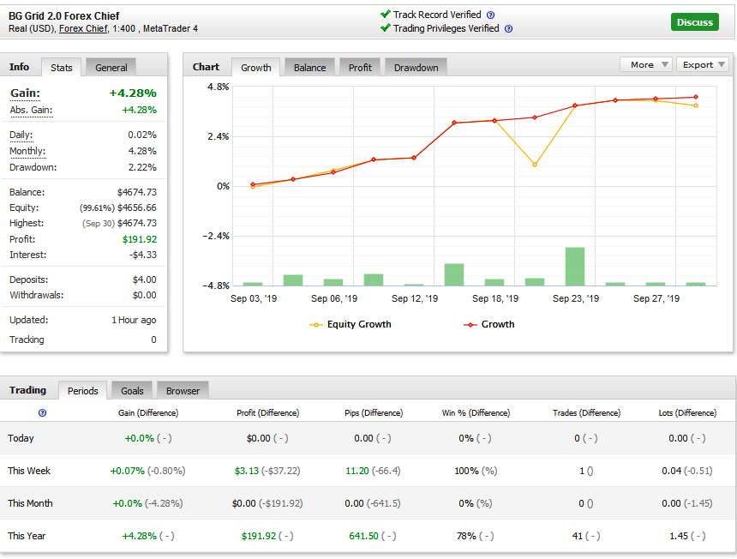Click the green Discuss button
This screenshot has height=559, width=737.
click(x=694, y=22)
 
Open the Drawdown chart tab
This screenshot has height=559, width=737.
click(x=416, y=68)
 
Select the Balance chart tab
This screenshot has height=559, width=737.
click(x=309, y=68)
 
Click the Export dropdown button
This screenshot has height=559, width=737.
click(x=703, y=64)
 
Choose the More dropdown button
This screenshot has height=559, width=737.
click(x=646, y=64)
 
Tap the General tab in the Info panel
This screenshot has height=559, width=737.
click(x=111, y=68)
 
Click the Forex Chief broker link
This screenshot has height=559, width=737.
click(x=83, y=28)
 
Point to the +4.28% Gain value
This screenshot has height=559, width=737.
click(x=133, y=93)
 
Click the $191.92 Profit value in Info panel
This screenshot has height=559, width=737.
click(x=140, y=239)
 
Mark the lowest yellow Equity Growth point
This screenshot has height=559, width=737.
click(x=535, y=165)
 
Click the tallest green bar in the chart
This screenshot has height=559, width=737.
click(x=575, y=267)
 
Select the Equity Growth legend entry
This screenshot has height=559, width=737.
click(x=351, y=324)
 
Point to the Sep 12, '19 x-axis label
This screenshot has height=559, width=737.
click(x=415, y=298)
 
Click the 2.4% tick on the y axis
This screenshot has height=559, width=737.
click(x=219, y=137)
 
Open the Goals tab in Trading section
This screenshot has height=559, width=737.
click(x=132, y=391)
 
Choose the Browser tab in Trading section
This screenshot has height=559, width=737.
click(x=183, y=391)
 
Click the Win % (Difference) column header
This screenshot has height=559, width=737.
click(x=476, y=412)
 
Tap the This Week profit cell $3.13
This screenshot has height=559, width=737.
click(x=247, y=471)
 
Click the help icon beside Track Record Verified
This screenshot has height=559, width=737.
click(x=490, y=15)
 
